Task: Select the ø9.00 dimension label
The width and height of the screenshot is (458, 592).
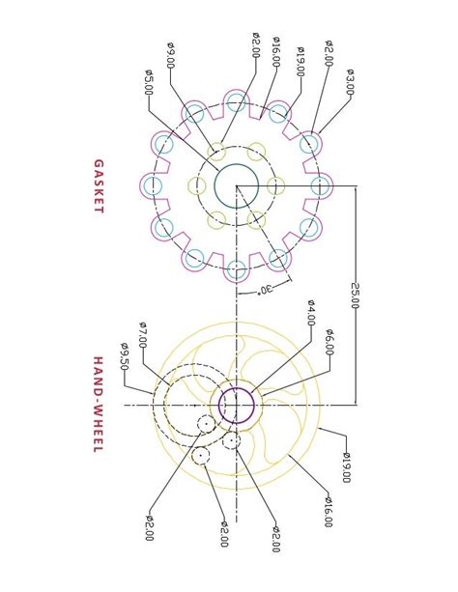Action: pyautogui.click(x=170, y=55)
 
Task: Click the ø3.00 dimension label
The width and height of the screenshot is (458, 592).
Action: pyautogui.click(x=350, y=81)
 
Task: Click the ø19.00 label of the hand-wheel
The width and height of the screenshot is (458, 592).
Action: pyautogui.click(x=346, y=465)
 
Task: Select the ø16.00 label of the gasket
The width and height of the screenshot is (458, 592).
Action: pyautogui.click(x=276, y=50)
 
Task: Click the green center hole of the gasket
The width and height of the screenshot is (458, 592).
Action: pyautogui.click(x=236, y=185)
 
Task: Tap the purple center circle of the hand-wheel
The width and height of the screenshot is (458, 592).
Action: pyautogui.click(x=236, y=405)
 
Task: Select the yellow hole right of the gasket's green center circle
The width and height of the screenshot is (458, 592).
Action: pyautogui.click(x=275, y=185)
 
